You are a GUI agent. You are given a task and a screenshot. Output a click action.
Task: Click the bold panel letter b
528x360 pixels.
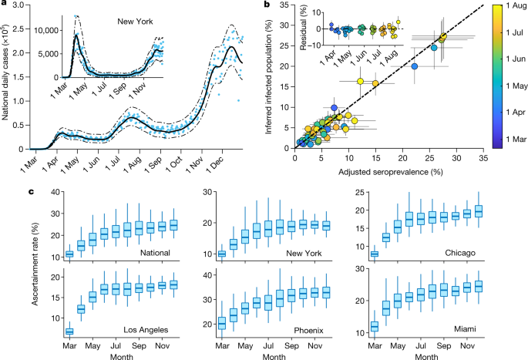pyautogui.click(x=267, y=5)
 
